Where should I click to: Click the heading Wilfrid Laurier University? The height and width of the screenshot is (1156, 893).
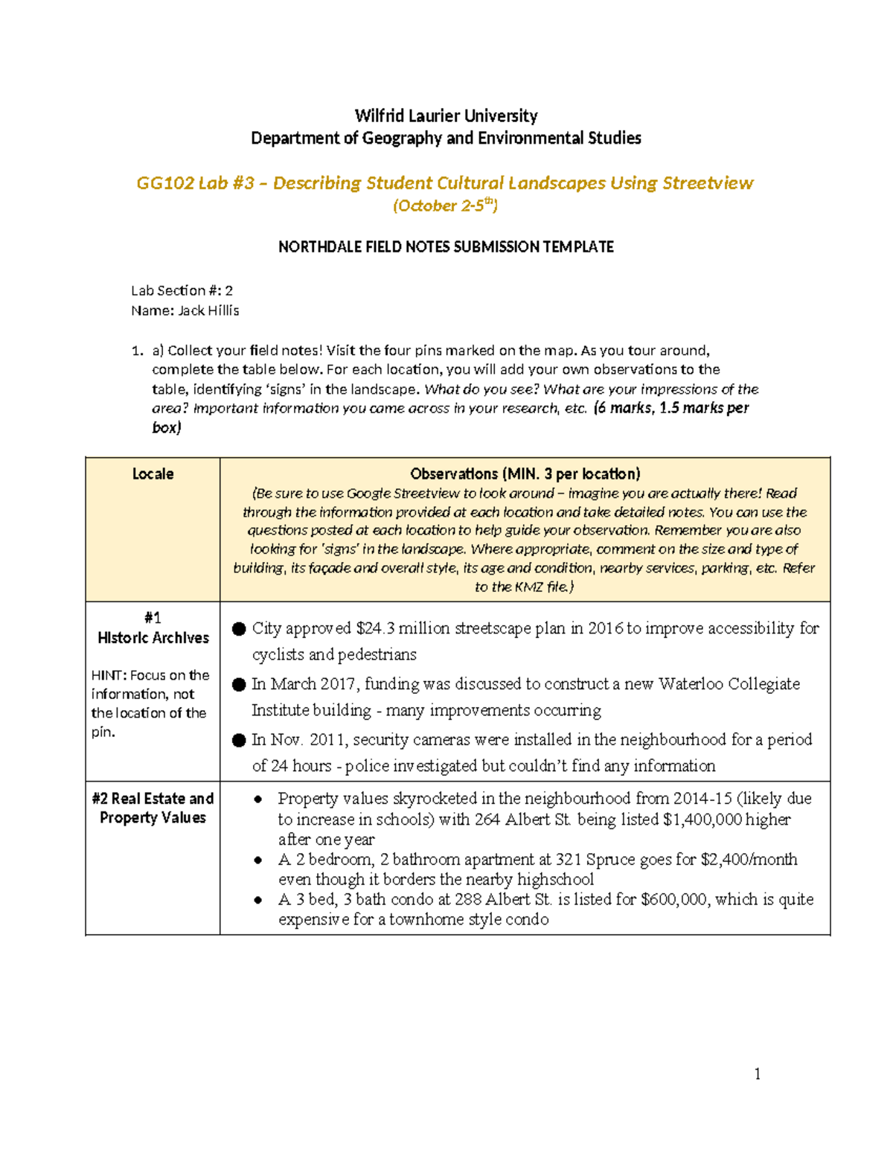point(446,116)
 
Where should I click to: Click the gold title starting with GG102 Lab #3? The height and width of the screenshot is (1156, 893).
point(445,183)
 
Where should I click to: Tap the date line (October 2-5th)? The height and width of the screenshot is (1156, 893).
point(445,206)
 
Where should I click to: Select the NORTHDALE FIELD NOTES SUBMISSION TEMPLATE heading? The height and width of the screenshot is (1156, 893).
point(446,247)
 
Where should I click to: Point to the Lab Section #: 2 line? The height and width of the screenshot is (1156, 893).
point(182,291)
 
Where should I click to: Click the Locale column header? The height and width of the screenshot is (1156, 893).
point(153,474)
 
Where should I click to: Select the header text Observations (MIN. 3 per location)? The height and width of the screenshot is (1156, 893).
point(525,474)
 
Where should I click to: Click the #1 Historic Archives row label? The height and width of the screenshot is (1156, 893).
point(153,628)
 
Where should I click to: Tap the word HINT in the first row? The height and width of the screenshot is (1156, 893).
point(109,676)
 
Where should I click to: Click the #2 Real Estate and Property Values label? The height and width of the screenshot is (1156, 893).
point(153,808)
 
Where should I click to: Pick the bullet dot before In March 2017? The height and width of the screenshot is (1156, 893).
point(239,685)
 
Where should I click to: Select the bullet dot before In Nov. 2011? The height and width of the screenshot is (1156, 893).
point(239,741)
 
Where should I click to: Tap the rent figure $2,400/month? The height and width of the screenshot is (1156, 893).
point(749,860)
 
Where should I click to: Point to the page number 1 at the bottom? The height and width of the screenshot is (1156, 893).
point(758,1074)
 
